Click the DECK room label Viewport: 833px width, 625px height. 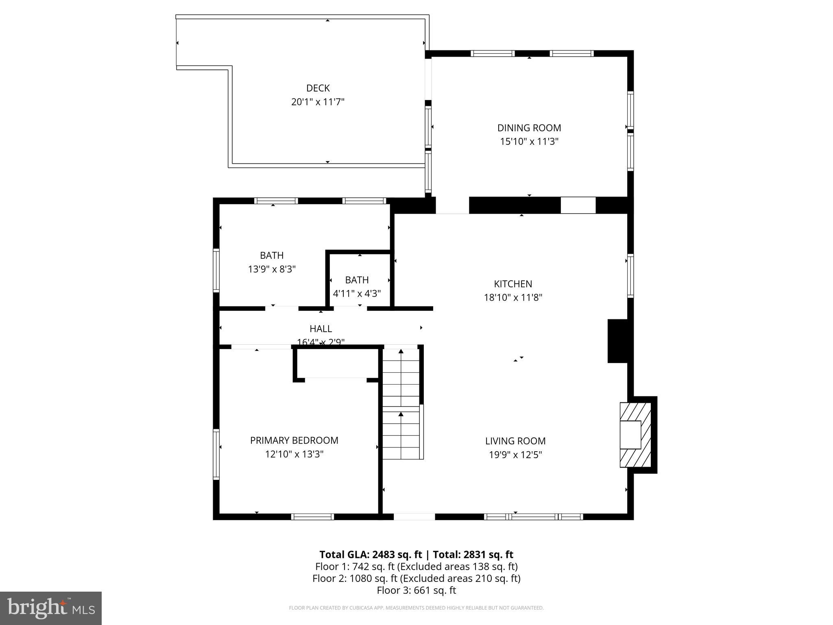[x=318, y=88]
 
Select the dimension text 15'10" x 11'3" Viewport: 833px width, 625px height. [x=529, y=142]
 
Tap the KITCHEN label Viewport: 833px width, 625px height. [x=513, y=284]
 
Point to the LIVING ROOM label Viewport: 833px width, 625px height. [x=515, y=441]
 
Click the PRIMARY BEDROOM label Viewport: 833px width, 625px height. [x=294, y=440]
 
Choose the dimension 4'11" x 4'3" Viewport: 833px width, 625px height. [x=357, y=293]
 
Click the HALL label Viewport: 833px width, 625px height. [x=321, y=328]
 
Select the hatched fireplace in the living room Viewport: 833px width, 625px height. [x=635, y=435]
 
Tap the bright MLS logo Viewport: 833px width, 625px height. [x=51, y=608]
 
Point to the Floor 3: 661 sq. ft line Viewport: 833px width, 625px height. [x=416, y=590]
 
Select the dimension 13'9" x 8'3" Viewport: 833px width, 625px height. [x=272, y=269]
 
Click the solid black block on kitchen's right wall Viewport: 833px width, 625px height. [x=618, y=341]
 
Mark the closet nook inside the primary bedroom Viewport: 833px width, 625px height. [x=336, y=363]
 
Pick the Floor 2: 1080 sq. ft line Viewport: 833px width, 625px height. [x=416, y=578]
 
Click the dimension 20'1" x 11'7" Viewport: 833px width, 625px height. [x=318, y=102]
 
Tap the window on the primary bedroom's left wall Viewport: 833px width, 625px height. [x=216, y=454]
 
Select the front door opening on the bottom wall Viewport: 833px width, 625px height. [x=414, y=516]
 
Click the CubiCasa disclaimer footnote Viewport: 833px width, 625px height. [x=416, y=608]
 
